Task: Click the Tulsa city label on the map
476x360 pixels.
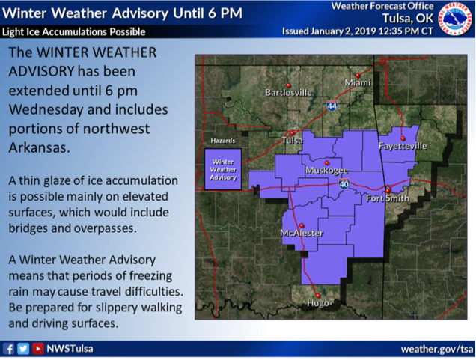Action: click(292, 140)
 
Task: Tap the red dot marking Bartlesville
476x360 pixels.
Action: click(288, 85)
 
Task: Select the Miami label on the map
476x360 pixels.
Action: click(358, 82)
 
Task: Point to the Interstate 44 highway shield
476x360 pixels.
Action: click(332, 106)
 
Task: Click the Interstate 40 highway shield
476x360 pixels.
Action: click(344, 183)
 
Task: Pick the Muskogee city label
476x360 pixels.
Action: click(326, 171)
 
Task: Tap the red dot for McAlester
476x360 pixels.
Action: click(302, 225)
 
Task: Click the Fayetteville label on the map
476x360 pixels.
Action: click(403, 146)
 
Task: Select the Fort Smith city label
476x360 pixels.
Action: click(388, 198)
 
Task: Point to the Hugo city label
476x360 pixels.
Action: click(318, 303)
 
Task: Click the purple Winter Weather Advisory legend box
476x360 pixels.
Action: click(223, 169)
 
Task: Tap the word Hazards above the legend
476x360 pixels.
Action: click(223, 141)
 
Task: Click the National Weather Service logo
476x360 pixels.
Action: click(456, 19)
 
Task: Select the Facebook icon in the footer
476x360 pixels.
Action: click(8, 349)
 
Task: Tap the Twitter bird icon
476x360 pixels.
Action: click(23, 349)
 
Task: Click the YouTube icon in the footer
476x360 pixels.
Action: click(38, 349)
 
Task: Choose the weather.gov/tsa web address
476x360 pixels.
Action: click(437, 350)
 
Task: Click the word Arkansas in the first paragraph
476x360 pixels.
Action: click(39, 148)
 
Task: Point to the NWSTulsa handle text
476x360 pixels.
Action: click(70, 349)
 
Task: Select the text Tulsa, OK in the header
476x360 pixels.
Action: click(408, 19)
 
